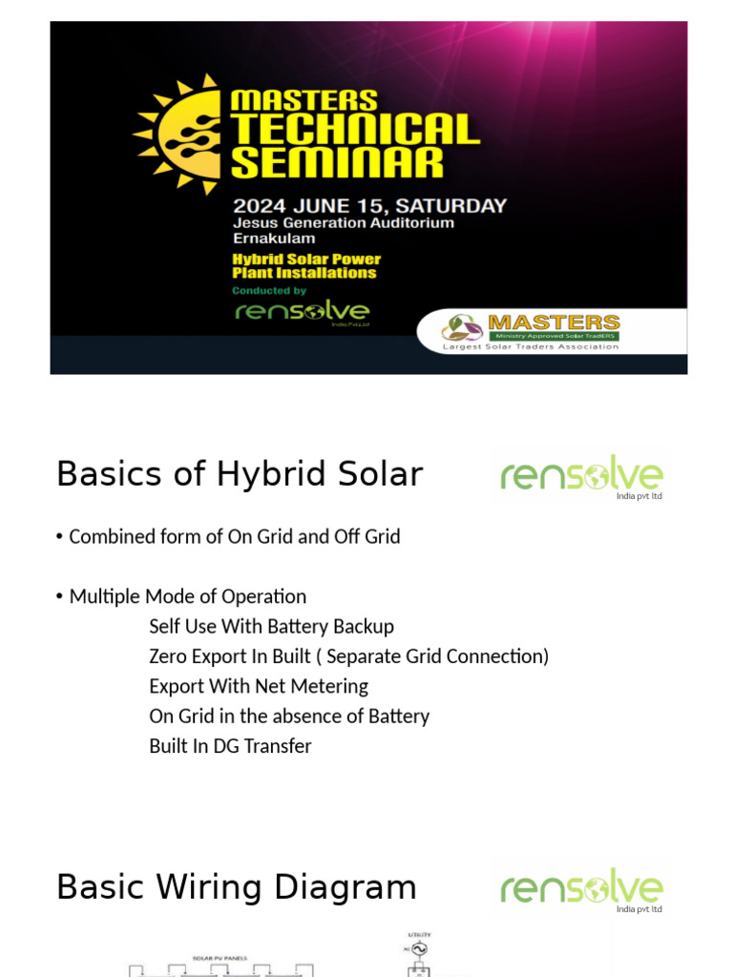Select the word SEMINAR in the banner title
[337, 161]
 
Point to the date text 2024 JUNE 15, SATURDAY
[369, 205]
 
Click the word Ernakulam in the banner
[274, 239]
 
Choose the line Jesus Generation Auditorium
[343, 222]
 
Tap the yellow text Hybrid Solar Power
[306, 259]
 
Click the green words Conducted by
[269, 290]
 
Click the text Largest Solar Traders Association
[530, 347]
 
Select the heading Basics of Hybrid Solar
[240, 474]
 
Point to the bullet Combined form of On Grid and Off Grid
[234, 536]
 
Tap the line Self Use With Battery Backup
[271, 626]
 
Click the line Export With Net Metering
[259, 686]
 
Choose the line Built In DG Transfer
[230, 746]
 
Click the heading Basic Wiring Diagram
[237, 886]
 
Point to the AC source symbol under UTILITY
[419, 950]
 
